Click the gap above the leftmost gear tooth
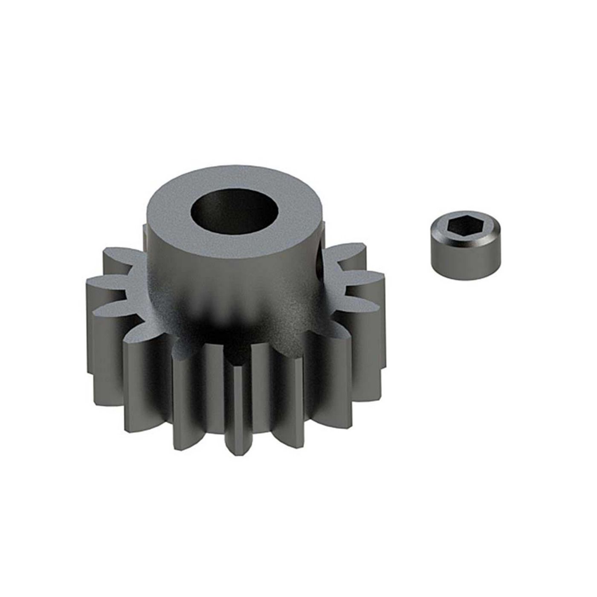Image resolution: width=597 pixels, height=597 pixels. pos(128,281)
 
